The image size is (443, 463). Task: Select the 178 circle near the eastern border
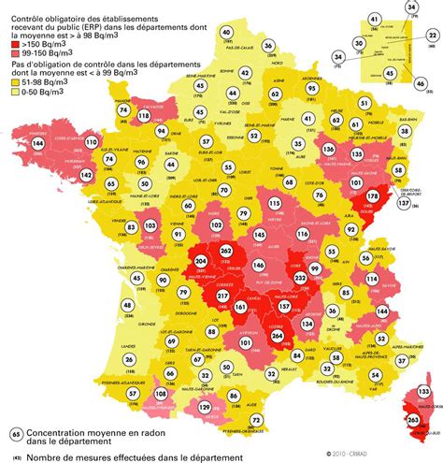(x=372, y=196)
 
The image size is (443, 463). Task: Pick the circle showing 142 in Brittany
(x=34, y=175)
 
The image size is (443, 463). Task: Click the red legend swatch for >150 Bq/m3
(x=12, y=43)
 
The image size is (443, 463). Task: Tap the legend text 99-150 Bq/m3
(x=49, y=53)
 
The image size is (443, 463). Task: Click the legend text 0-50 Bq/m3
(x=45, y=92)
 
